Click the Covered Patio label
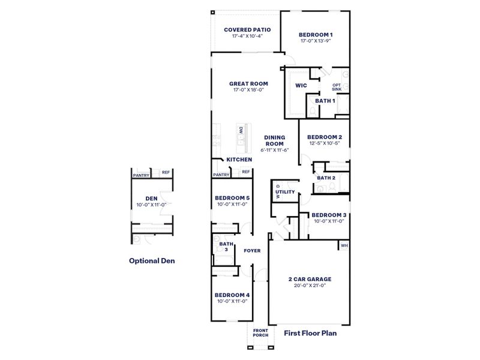(247, 29)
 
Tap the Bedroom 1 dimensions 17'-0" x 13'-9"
(316, 41)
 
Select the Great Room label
(248, 83)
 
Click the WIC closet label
(301, 85)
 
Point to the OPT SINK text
(337, 87)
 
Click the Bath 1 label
(325, 101)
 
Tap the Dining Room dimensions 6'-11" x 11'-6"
(275, 150)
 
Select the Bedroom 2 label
(325, 136)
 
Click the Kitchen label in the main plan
(239, 160)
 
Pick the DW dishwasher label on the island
(241, 129)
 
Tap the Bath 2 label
(326, 178)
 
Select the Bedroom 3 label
(329, 215)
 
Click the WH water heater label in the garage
(344, 245)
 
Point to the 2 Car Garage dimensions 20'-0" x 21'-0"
(310, 286)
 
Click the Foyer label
(252, 250)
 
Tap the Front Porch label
(260, 333)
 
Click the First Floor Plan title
(310, 332)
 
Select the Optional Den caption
(152, 261)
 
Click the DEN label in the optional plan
(151, 198)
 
